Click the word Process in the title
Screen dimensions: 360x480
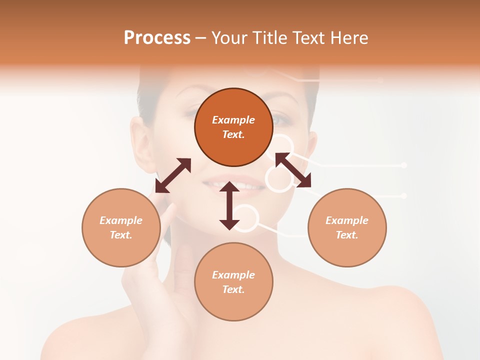click(157, 38)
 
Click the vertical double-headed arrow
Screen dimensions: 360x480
click(229, 205)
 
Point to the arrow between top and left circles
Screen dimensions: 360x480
click(173, 175)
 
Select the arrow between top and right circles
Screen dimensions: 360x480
click(293, 170)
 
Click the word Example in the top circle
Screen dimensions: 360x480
click(233, 120)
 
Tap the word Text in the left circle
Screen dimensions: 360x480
click(121, 235)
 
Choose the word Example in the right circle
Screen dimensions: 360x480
click(347, 220)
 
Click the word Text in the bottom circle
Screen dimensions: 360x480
click(233, 289)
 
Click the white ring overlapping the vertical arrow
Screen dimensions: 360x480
click(245, 218)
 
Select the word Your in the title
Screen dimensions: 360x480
click(228, 38)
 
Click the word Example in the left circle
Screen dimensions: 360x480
click(121, 220)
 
